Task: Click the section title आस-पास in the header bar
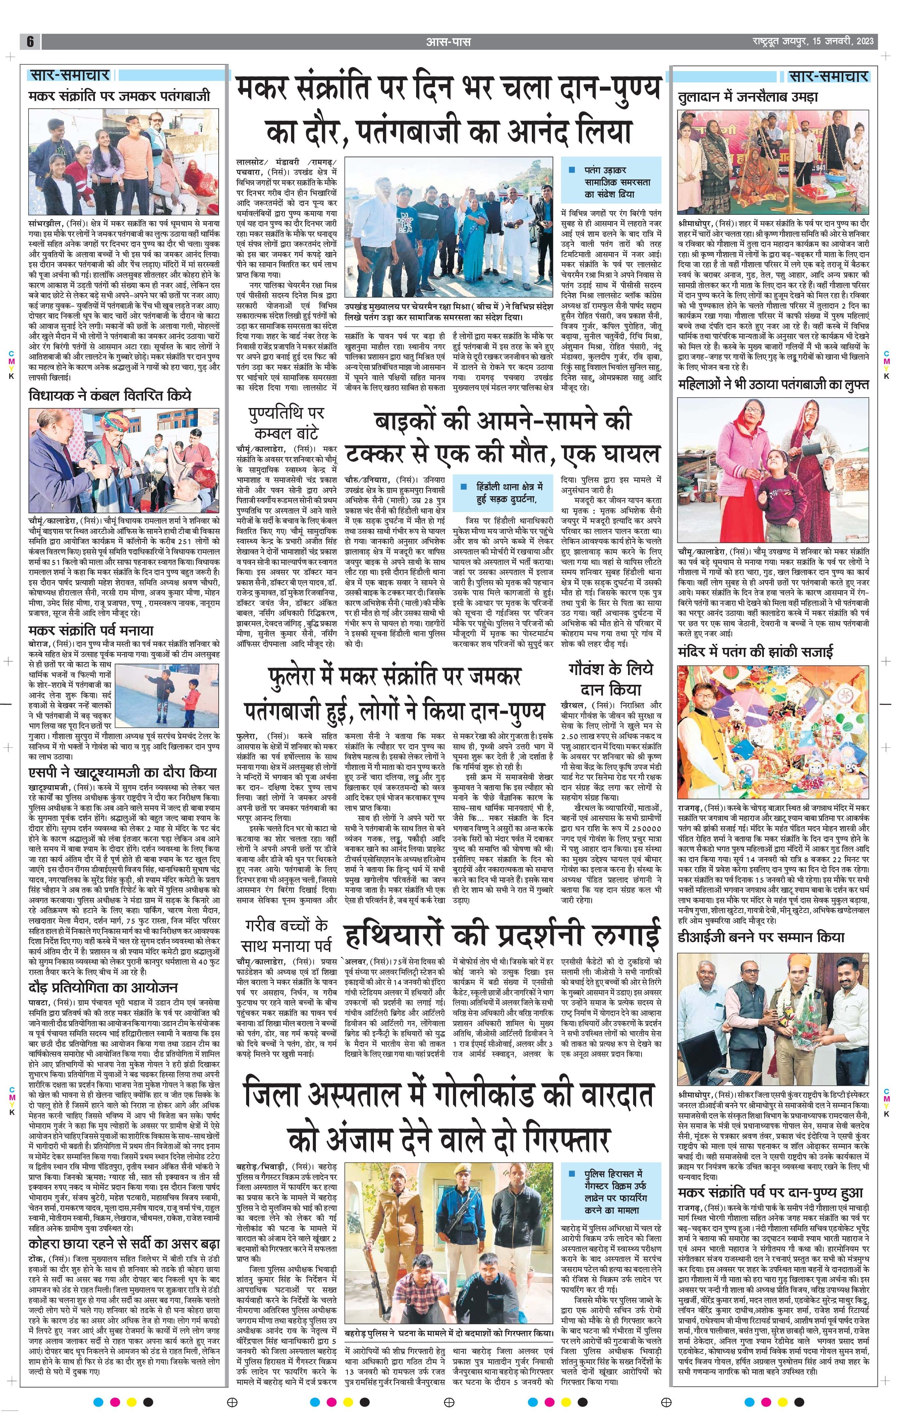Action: [x=448, y=42]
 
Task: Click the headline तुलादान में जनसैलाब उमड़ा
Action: [x=747, y=97]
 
